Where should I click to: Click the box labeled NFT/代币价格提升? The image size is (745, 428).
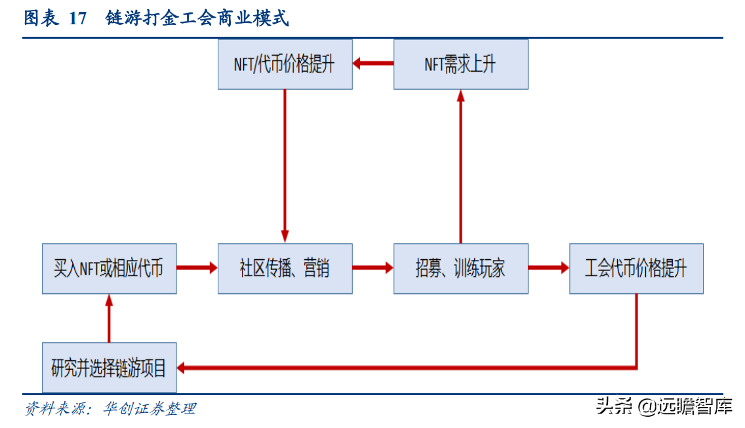tap(285, 64)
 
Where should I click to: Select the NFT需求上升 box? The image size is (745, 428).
tap(460, 64)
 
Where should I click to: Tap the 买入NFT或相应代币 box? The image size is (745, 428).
tap(109, 268)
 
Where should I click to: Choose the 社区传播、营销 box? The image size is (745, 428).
tap(285, 268)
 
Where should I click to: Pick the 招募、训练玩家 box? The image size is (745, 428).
tap(460, 268)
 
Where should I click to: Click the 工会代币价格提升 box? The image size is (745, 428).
tap(636, 268)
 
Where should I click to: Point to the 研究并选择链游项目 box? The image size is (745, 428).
tap(109, 368)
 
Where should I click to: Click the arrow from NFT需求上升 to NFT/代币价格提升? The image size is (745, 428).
tap(373, 64)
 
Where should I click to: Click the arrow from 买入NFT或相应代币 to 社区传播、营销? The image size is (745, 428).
tap(197, 268)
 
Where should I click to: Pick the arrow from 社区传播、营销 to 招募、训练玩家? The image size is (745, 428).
tap(372, 268)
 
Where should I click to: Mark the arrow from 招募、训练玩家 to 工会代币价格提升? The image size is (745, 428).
tap(548, 268)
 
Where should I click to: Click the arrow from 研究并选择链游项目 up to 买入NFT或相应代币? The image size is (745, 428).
tap(109, 318)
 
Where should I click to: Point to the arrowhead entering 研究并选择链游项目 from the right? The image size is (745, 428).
tap(183, 368)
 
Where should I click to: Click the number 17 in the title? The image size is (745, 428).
tap(77, 18)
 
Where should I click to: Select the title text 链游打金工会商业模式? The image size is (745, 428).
tap(197, 18)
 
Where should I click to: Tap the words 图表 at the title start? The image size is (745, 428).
tap(41, 18)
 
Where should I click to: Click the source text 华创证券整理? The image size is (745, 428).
tap(150, 409)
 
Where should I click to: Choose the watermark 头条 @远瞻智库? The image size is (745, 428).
tap(664, 406)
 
